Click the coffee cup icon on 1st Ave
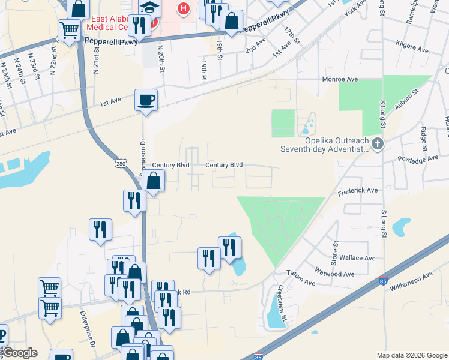(x=146, y=100)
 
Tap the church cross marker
(x=377, y=143)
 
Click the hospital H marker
(x=184, y=9)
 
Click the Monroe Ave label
(x=340, y=79)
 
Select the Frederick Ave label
(x=357, y=190)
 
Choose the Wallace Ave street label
(x=357, y=258)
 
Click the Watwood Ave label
(x=334, y=274)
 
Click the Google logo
(x=19, y=353)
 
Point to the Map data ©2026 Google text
(x=412, y=355)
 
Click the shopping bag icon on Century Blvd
(x=154, y=180)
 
